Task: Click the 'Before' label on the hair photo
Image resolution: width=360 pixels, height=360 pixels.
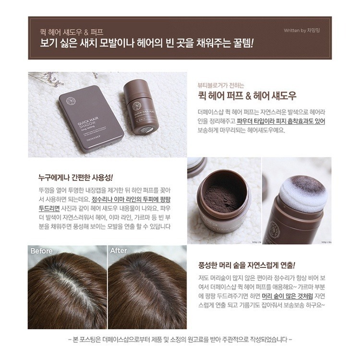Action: (41, 251)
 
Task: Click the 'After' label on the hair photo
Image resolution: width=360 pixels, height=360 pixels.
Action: (119, 251)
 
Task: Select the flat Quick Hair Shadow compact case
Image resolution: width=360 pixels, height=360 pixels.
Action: (91, 119)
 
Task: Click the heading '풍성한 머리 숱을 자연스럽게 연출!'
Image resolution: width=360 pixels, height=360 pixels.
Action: (247, 265)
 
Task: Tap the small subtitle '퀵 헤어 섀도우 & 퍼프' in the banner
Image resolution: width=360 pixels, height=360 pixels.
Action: (72, 32)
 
